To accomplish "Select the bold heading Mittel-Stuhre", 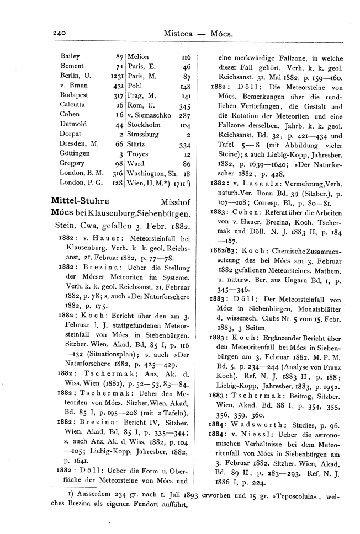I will pos(79,201).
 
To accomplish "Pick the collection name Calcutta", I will pos(72,105).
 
